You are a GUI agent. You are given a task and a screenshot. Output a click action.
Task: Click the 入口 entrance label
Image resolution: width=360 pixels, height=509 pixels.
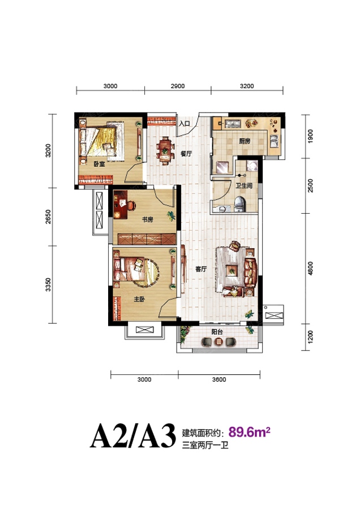click(184, 124)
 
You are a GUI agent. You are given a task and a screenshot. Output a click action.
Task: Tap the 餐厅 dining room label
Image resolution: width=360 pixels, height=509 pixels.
click(186, 154)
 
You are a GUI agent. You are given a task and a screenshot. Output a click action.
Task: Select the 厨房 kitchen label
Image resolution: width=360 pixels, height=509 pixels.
click(245, 141)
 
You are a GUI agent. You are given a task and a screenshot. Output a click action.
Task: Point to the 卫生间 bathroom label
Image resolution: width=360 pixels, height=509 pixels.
click(244, 186)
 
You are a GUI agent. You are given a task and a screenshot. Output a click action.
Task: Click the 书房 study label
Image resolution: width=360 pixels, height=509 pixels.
click(147, 219)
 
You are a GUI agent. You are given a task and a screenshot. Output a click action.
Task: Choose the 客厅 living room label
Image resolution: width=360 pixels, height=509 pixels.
click(201, 269)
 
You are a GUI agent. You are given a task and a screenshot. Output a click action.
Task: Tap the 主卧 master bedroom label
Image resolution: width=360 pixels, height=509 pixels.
click(139, 299)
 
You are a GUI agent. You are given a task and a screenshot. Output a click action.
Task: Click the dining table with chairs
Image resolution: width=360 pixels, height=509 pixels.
click(164, 151)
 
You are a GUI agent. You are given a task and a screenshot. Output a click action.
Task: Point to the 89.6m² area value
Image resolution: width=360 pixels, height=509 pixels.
click(250, 432)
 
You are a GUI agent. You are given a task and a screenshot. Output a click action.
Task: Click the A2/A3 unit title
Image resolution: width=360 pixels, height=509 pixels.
click(133, 435)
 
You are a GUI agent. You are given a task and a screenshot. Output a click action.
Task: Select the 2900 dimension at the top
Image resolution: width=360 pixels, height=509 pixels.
click(178, 87)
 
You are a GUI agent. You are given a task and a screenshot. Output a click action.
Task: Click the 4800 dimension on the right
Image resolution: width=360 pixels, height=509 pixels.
click(311, 269)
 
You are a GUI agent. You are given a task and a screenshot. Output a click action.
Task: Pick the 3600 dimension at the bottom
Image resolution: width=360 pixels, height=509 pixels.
click(219, 379)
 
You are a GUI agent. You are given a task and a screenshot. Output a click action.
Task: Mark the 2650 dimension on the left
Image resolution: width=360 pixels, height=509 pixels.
click(48, 217)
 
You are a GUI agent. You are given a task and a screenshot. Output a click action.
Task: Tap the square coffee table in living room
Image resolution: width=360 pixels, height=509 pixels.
click(232, 270)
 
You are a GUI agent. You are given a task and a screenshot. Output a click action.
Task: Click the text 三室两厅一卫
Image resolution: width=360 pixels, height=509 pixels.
click(205, 445)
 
